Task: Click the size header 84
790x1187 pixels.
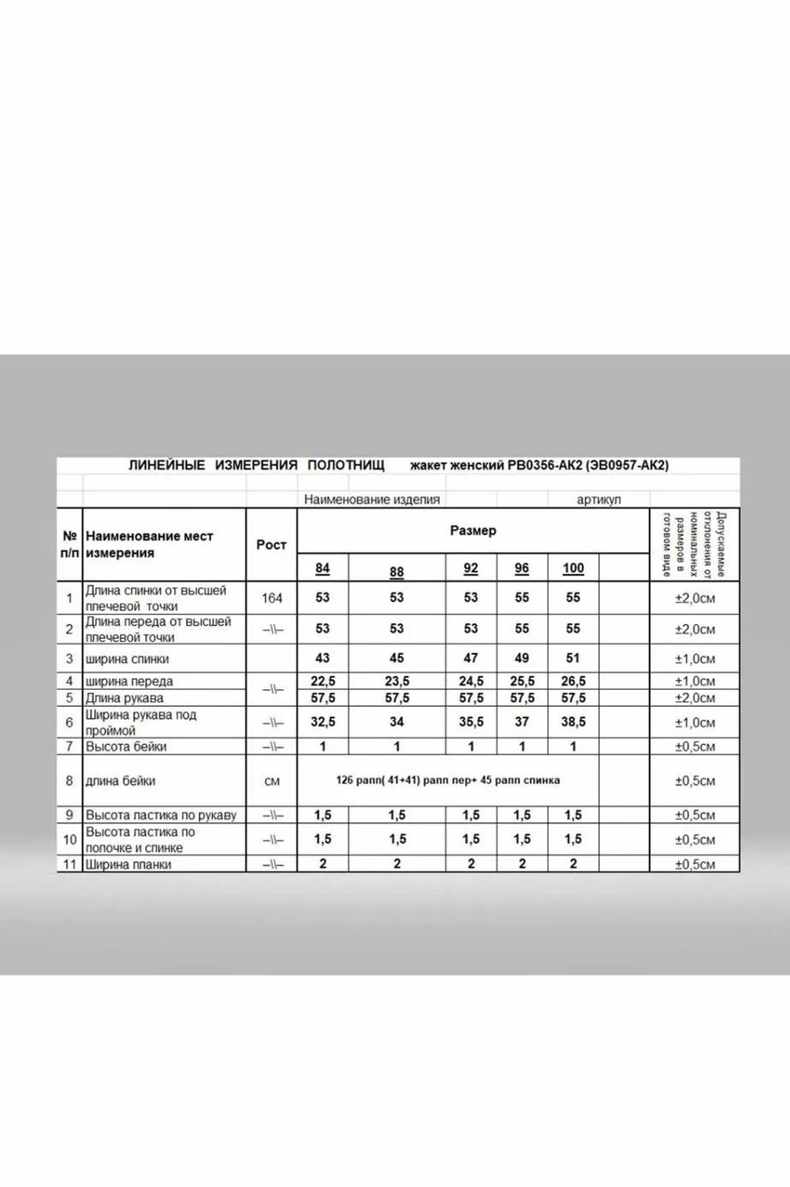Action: (x=322, y=568)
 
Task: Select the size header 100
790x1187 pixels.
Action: (x=573, y=568)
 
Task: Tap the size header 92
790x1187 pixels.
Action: (x=470, y=568)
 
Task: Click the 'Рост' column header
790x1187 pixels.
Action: (x=271, y=545)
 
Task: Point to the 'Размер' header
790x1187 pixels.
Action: (x=473, y=530)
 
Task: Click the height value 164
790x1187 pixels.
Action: (x=271, y=598)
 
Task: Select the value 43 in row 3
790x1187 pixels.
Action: (x=322, y=658)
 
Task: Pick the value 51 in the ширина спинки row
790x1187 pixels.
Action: (x=573, y=658)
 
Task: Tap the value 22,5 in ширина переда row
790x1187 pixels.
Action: (x=323, y=681)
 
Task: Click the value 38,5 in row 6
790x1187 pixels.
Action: (x=573, y=722)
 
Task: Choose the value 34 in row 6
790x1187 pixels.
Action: (x=397, y=722)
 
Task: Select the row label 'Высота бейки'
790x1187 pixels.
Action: (x=126, y=746)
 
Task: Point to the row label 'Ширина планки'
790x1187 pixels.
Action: (x=128, y=864)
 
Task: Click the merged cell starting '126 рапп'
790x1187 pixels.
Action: (x=448, y=780)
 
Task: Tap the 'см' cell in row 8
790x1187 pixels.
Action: (x=271, y=781)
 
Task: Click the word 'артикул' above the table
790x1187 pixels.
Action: (x=599, y=499)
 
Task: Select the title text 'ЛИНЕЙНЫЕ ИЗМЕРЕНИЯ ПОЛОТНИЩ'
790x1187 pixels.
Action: (x=257, y=465)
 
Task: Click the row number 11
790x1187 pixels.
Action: (x=70, y=864)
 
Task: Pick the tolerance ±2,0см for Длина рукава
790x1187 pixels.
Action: (x=694, y=698)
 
